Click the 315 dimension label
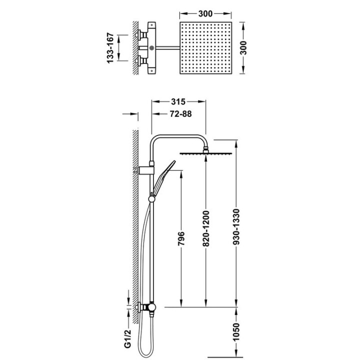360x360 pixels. point(178,101)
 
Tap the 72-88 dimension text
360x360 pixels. point(180,114)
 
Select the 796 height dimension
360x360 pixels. point(181,238)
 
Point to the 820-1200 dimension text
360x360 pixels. point(206,228)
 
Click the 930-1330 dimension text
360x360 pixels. point(236,227)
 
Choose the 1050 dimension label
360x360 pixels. point(236,332)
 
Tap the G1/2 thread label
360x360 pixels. point(127,338)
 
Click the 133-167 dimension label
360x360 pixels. point(110,48)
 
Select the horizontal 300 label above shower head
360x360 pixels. point(205,14)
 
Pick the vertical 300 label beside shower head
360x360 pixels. point(243,48)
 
